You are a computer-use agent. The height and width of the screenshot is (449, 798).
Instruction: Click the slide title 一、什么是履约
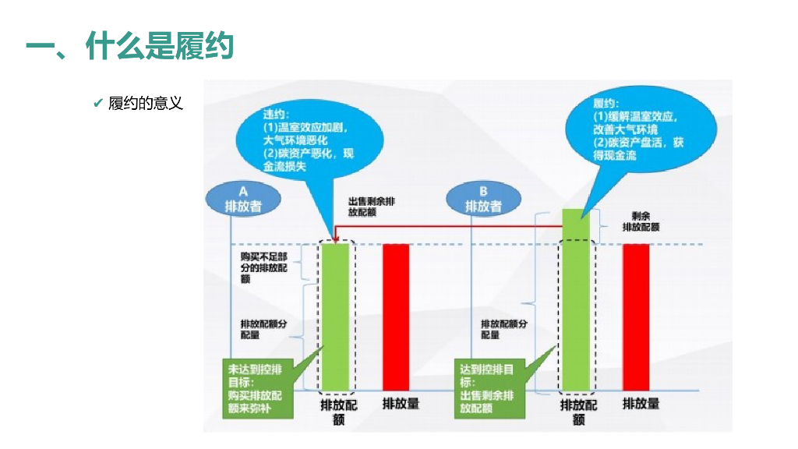(x=129, y=47)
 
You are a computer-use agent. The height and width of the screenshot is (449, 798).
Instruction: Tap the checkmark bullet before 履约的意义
(x=97, y=103)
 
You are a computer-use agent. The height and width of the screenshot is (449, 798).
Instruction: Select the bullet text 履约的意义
(x=146, y=103)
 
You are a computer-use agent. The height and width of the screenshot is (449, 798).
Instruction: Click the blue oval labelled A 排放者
(x=242, y=199)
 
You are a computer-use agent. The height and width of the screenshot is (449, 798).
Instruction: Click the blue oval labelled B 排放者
(x=483, y=199)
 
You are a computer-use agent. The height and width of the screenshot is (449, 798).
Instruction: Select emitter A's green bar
(x=336, y=316)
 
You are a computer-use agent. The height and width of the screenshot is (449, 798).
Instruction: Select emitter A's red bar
(x=396, y=316)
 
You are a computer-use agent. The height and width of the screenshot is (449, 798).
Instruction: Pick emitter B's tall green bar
(x=577, y=300)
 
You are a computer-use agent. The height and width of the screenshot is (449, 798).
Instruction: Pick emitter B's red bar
(x=636, y=316)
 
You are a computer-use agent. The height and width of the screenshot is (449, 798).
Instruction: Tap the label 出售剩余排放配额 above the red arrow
(x=372, y=206)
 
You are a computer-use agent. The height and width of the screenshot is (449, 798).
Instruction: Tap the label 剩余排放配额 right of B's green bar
(x=641, y=221)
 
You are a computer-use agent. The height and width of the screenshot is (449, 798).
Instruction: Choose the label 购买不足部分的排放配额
(x=264, y=267)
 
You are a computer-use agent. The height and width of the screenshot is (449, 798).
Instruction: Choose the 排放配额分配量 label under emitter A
(x=264, y=329)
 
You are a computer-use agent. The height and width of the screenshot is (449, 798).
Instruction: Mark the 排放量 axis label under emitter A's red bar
(x=401, y=404)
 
